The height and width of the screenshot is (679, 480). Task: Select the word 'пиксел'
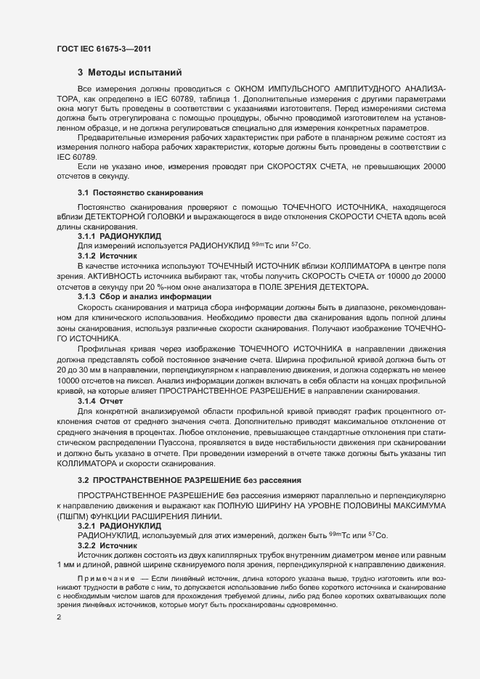click(142, 381)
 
